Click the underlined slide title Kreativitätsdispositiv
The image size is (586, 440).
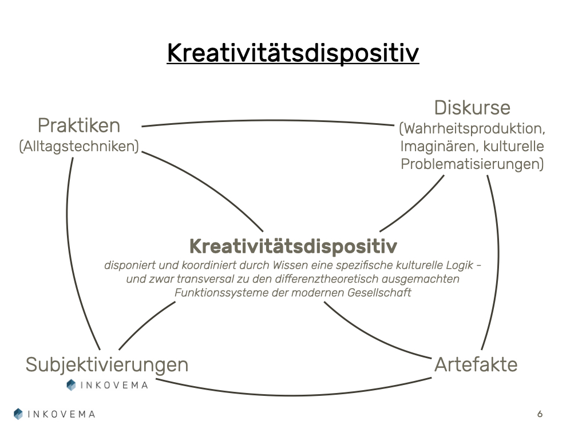(293, 54)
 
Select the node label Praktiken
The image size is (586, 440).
(79, 125)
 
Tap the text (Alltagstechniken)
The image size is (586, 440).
(79, 146)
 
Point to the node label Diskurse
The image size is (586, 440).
(472, 108)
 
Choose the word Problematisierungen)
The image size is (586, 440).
(472, 164)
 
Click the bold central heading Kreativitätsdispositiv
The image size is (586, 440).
(293, 246)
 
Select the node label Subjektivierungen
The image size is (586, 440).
(107, 364)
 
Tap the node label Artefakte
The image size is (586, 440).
(476, 364)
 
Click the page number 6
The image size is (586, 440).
(540, 414)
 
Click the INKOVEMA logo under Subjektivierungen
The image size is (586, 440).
(107, 385)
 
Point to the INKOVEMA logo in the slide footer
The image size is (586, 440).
(54, 414)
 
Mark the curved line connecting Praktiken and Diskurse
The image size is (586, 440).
(269, 121)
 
